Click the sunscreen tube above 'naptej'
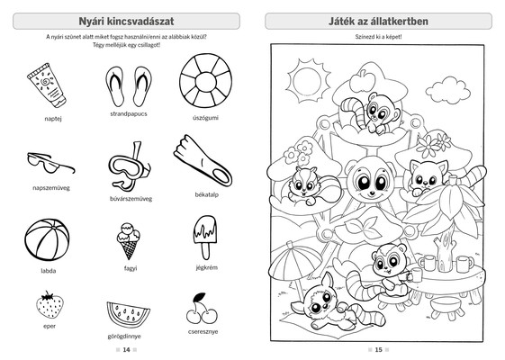pyautogui.click(x=47, y=85)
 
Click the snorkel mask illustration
pyautogui.click(x=129, y=166)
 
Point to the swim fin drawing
pyautogui.click(x=203, y=160)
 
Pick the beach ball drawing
pyautogui.click(x=47, y=240)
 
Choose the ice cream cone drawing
pyautogui.click(x=129, y=240)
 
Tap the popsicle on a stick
pyautogui.click(x=205, y=237)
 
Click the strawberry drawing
pyautogui.click(x=50, y=305)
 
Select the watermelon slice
pyautogui.click(x=128, y=314)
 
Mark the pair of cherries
pyautogui.click(x=202, y=308)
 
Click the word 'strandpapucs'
pyautogui.click(x=129, y=113)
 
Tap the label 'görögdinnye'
pyautogui.click(x=124, y=337)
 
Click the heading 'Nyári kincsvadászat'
pyautogui.click(x=126, y=22)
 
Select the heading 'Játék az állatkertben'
pyautogui.click(x=378, y=22)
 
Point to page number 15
pyautogui.click(x=378, y=349)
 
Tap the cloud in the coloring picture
pyautogui.click(x=447, y=90)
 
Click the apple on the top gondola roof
pyautogui.click(x=363, y=80)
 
